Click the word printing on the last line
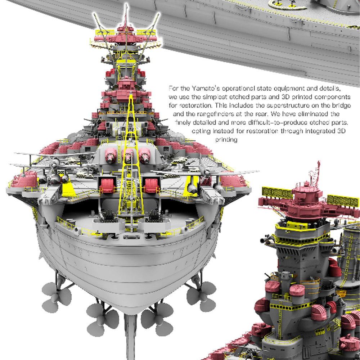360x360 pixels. (x=226, y=140)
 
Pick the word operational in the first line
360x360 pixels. (x=238, y=89)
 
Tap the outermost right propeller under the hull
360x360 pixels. (x=202, y=296)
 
